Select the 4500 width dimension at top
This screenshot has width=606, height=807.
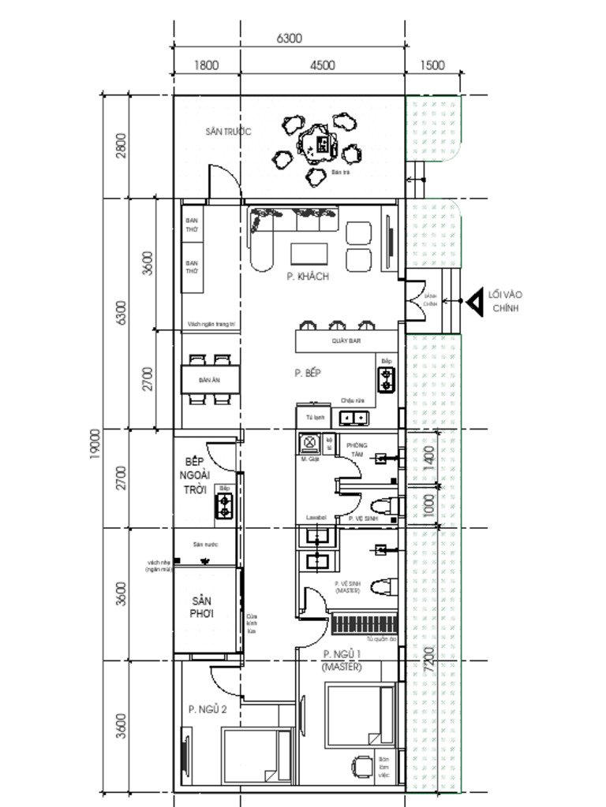click(x=322, y=66)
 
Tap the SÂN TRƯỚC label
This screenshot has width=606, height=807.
click(x=228, y=132)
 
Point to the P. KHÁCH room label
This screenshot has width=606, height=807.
click(x=307, y=277)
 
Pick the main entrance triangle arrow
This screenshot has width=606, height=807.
click(x=474, y=301)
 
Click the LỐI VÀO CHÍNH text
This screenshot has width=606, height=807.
click(x=505, y=301)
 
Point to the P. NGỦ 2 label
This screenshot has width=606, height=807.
click(x=208, y=710)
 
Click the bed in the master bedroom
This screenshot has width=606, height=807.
click(x=360, y=714)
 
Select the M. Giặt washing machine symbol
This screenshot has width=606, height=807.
click(x=308, y=442)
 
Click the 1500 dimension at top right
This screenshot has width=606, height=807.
click(x=432, y=66)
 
